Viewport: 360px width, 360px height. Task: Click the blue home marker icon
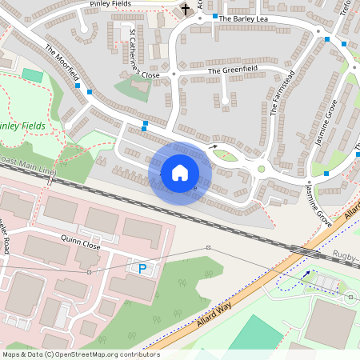point(180,173)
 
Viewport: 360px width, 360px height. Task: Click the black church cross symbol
point(186,10)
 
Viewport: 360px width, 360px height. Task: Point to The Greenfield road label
point(234,71)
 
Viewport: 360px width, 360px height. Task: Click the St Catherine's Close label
point(144,54)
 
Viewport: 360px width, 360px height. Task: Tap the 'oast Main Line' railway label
point(28,166)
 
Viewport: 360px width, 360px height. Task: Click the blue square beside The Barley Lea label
point(214,16)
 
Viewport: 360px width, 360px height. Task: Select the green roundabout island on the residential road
point(261,168)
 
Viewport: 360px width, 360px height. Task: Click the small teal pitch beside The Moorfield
point(32,75)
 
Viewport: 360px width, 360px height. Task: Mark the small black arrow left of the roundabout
point(213,146)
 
